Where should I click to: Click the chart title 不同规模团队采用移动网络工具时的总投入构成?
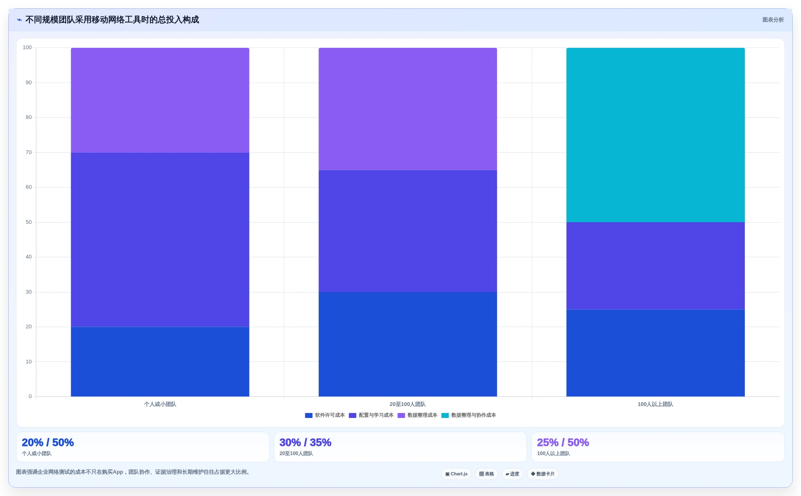point(112,20)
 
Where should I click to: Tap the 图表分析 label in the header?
point(773,20)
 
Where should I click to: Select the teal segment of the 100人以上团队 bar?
point(655,135)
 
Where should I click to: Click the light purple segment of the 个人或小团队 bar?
point(160,100)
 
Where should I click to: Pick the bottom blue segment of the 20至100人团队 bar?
point(408,344)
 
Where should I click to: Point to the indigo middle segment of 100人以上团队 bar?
point(655,266)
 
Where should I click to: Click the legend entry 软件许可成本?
point(325,415)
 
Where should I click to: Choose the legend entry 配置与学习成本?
point(371,415)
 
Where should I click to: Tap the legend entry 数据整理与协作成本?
point(469,415)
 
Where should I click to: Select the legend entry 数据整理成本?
point(417,415)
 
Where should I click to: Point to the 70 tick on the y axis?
point(29,152)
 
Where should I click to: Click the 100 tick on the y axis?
point(27,47)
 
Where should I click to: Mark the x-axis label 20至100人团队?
point(407,404)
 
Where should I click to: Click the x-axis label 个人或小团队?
point(160,404)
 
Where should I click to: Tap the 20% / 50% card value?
point(48,443)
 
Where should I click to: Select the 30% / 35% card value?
point(305,443)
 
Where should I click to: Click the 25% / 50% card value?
point(563,443)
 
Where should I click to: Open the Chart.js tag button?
point(456,474)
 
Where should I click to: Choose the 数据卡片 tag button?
point(543,474)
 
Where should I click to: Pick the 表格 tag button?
point(487,474)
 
